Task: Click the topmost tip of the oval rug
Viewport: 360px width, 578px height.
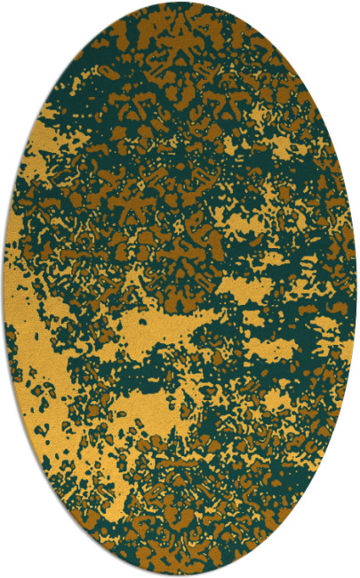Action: tap(180, 3)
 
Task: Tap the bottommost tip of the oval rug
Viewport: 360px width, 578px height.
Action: tap(180, 575)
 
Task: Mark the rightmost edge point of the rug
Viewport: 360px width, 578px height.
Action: tap(356, 289)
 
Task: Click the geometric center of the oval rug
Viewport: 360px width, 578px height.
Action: tap(180, 289)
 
